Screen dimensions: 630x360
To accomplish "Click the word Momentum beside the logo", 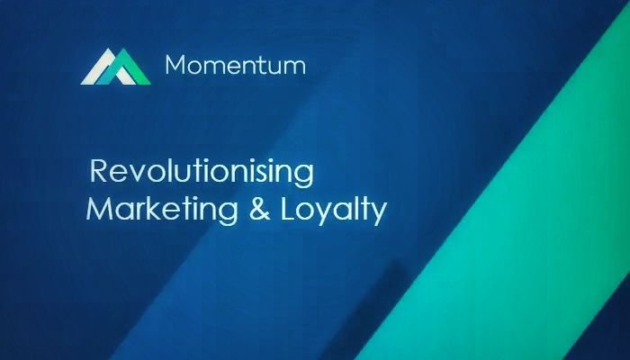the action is (x=236, y=65).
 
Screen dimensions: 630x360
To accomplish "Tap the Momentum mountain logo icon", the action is (x=116, y=67).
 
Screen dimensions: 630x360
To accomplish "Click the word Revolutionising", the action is (x=202, y=173).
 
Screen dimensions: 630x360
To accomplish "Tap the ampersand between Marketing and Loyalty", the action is (x=259, y=209).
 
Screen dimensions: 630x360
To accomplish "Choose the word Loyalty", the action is (x=334, y=211).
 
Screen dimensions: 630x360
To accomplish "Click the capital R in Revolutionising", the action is (x=99, y=170).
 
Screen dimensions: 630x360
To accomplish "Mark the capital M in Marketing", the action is (x=98, y=208).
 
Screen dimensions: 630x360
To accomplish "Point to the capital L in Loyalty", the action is (x=288, y=209).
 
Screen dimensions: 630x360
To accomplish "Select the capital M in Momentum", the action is (x=175, y=65).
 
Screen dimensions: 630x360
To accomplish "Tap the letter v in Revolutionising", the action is (x=135, y=174).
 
